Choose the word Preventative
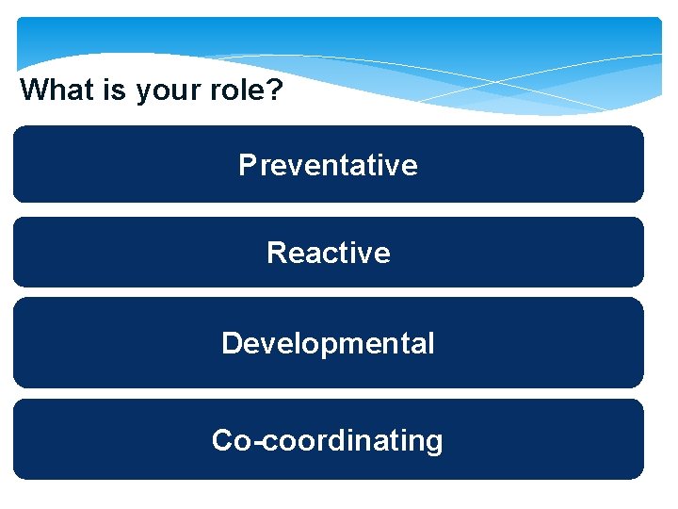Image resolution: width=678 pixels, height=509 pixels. pyautogui.click(x=328, y=165)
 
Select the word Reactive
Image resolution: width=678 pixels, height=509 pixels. pyautogui.click(x=328, y=253)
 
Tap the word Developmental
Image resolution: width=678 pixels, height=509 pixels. pyautogui.click(x=328, y=343)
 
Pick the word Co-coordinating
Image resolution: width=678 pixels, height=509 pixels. pyautogui.click(x=327, y=441)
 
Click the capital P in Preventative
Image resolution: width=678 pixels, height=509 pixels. pyautogui.click(x=248, y=165)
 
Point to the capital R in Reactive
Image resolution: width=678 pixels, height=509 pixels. pyautogui.click(x=277, y=253)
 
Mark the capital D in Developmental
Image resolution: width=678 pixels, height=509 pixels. pyautogui.click(x=232, y=343)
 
